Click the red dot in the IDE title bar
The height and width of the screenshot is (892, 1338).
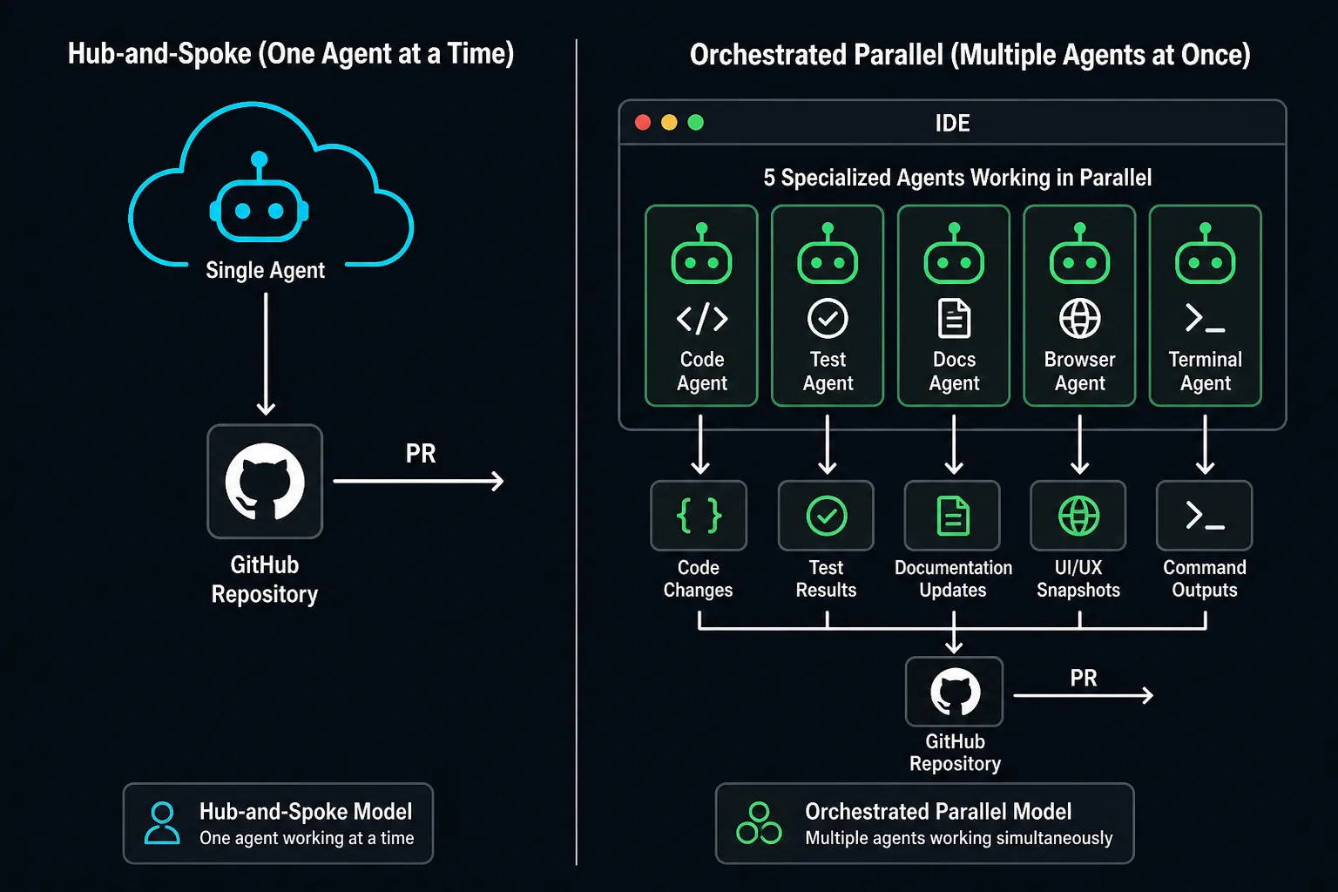click(643, 123)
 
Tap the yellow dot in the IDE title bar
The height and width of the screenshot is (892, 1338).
click(669, 123)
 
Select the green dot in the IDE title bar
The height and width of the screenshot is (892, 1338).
click(695, 123)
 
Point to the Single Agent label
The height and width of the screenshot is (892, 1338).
click(265, 270)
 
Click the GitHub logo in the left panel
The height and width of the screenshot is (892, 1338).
click(265, 482)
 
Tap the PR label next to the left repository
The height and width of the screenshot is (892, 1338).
click(421, 454)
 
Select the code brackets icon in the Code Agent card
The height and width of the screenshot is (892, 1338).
click(702, 319)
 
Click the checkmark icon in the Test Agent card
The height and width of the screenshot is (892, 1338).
click(828, 319)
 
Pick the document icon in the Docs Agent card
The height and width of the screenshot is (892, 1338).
click(954, 319)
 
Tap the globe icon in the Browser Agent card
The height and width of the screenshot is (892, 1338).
click(1079, 319)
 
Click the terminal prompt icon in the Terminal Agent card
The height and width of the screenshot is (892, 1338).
click(1205, 319)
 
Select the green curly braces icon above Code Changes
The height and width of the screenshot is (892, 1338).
click(699, 516)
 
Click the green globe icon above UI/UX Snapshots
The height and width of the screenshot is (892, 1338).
click(1078, 516)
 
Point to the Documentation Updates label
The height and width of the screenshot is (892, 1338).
click(953, 578)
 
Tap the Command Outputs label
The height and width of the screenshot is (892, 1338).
click(1204, 578)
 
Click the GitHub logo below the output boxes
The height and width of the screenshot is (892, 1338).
click(955, 692)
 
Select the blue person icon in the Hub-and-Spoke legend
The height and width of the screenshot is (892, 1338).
click(162, 822)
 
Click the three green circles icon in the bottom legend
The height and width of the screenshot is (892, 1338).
click(759, 822)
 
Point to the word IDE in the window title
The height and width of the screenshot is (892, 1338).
click(952, 123)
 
